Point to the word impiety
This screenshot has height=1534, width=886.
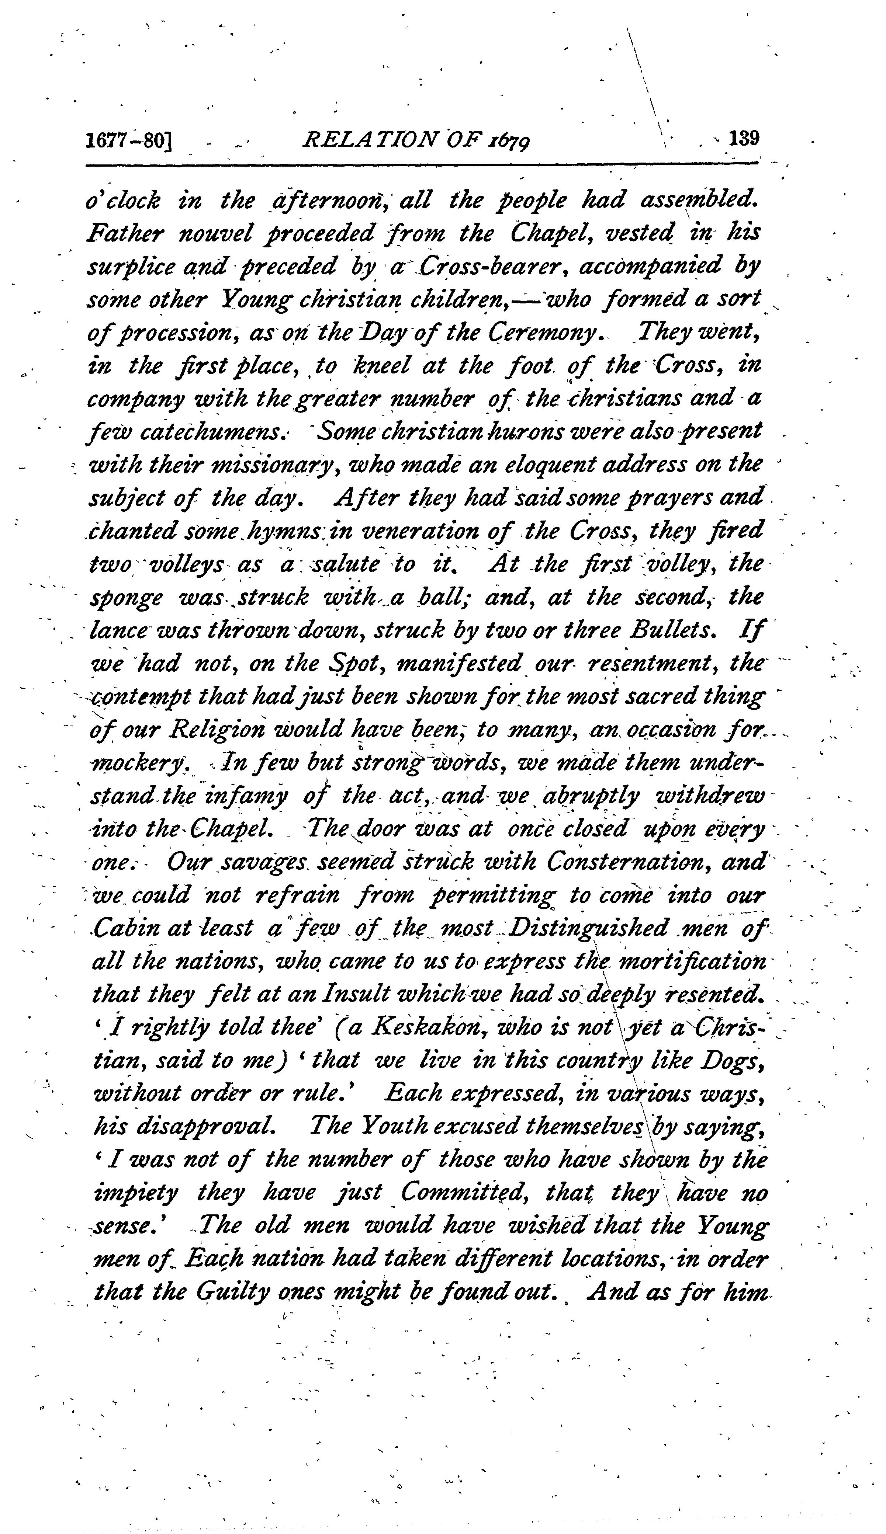pyautogui.click(x=135, y=1194)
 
